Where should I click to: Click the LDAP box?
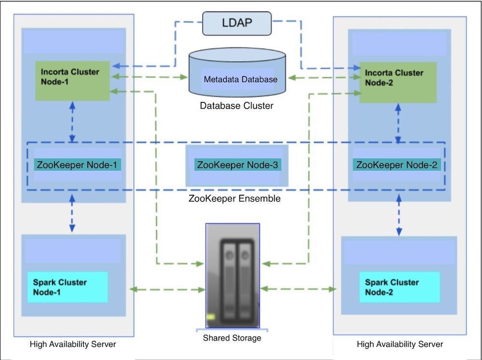tap(237, 23)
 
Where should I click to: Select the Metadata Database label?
tap(240, 79)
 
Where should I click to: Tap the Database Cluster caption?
tap(236, 106)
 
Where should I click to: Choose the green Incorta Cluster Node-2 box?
tap(398, 82)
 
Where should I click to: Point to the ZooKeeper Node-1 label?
tap(77, 165)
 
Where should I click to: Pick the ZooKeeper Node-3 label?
tap(238, 165)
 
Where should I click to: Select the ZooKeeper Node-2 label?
tap(397, 165)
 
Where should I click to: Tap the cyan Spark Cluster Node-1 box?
tap(67, 287)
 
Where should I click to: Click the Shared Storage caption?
tap(232, 338)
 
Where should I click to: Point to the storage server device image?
tap(233, 275)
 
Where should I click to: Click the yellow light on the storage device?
tap(210, 317)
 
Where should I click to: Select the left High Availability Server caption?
tap(73, 344)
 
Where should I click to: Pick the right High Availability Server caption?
tap(400, 344)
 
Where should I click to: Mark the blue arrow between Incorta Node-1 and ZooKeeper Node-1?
tap(72, 122)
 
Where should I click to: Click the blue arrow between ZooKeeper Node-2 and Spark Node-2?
tap(399, 216)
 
